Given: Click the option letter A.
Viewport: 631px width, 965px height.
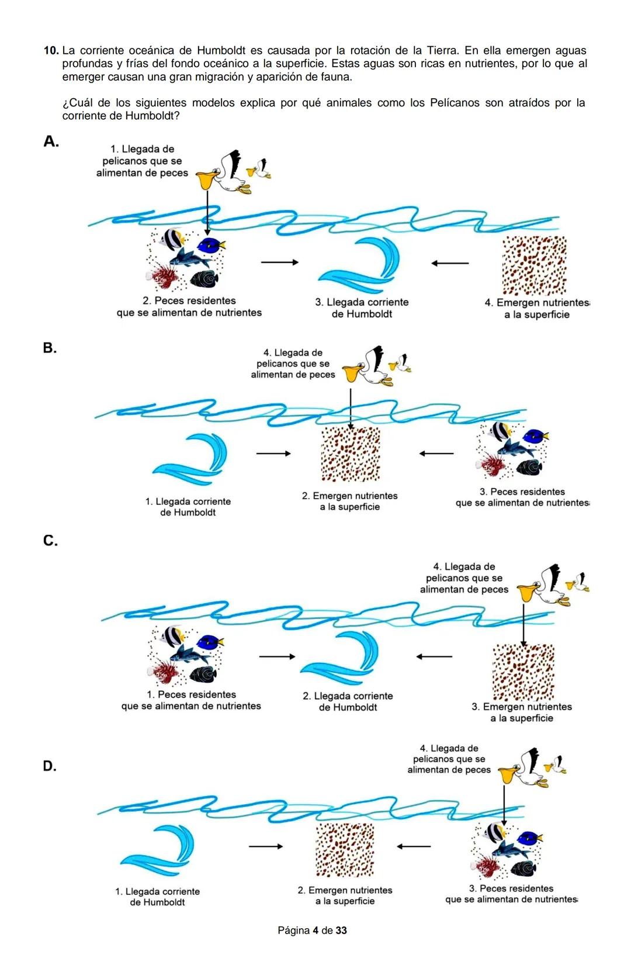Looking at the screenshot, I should [51, 141].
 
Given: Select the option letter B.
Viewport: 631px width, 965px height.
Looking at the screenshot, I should [50, 348].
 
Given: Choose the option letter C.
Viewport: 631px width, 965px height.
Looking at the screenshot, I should [50, 541].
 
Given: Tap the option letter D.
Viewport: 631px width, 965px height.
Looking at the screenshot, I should [50, 766].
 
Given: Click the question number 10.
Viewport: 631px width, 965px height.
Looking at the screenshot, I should [51, 51].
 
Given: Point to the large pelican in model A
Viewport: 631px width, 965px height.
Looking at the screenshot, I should [225, 173].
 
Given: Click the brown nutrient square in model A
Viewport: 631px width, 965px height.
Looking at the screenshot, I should [534, 265].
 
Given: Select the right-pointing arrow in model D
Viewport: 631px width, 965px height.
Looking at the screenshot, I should [266, 846].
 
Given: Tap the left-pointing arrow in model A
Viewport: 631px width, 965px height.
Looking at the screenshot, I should [450, 263].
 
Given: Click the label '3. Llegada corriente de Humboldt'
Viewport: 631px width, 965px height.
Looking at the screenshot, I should [362, 308].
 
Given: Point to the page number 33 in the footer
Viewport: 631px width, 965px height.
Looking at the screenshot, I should [341, 930].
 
